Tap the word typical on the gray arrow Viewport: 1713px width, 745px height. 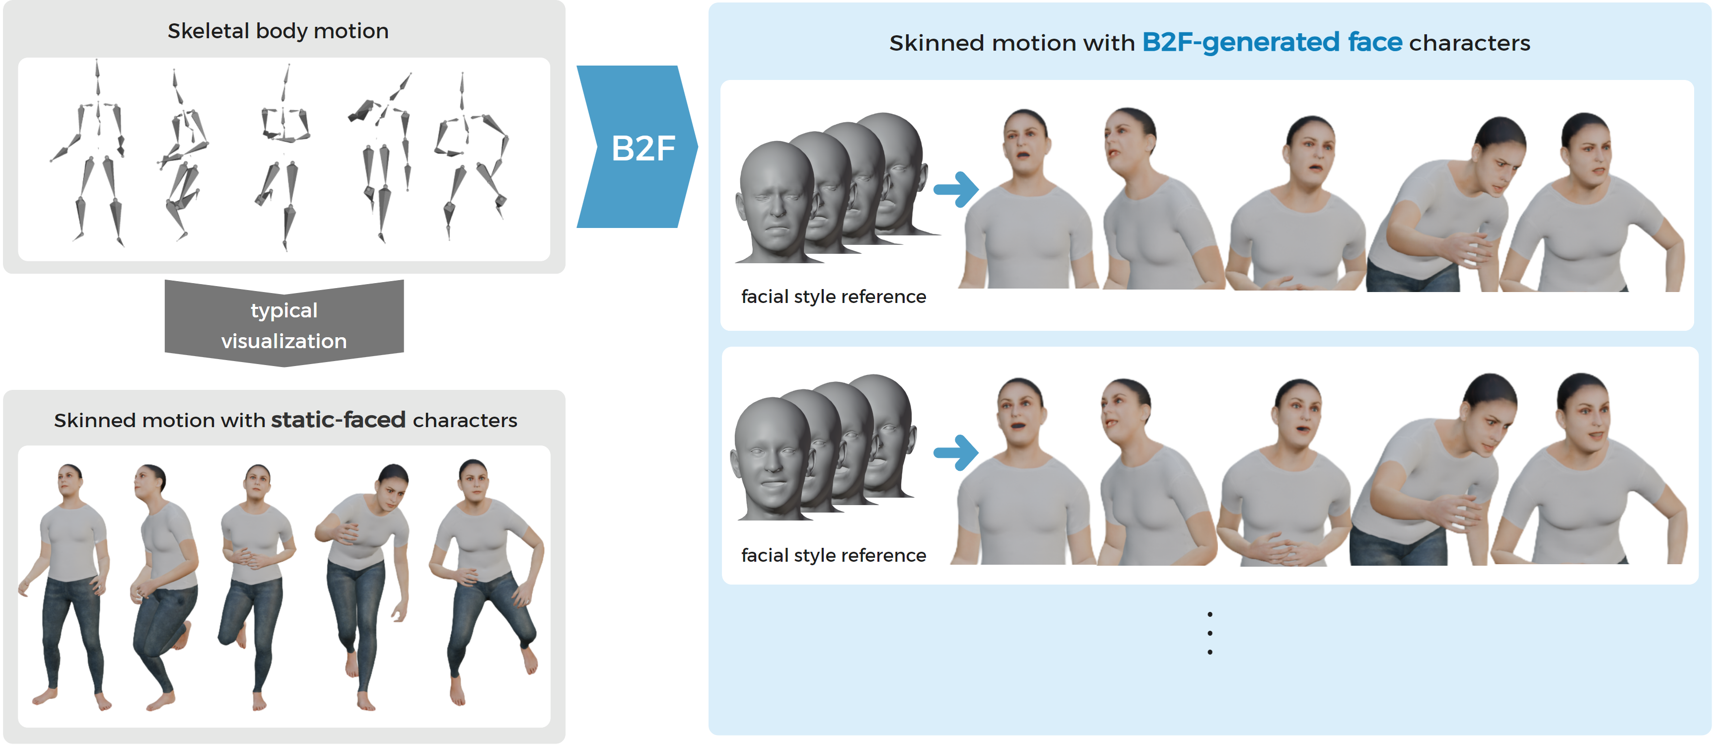284,310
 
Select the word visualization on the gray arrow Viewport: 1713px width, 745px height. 284,341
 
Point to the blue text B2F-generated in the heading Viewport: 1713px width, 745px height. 1241,43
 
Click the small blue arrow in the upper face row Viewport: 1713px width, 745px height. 956,190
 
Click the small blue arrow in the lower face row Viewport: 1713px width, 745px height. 956,452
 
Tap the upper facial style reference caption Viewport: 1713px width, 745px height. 833,297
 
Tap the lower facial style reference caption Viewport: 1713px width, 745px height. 833,555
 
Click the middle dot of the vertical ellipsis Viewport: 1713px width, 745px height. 1210,633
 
